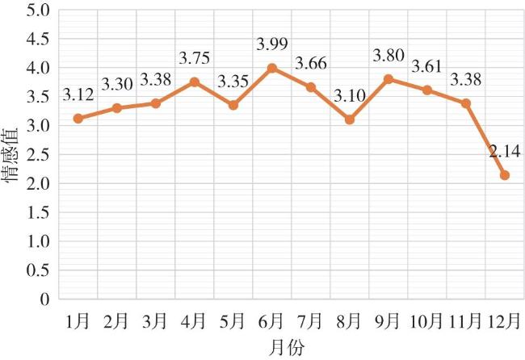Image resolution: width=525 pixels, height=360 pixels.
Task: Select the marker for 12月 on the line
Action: click(x=505, y=175)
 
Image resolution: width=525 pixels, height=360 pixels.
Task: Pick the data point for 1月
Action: click(x=78, y=118)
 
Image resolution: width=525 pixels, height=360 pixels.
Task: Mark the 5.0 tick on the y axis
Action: click(x=39, y=10)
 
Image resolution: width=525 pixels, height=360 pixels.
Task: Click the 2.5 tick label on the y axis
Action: click(x=39, y=154)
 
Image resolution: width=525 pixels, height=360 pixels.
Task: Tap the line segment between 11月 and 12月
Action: click(x=486, y=139)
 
